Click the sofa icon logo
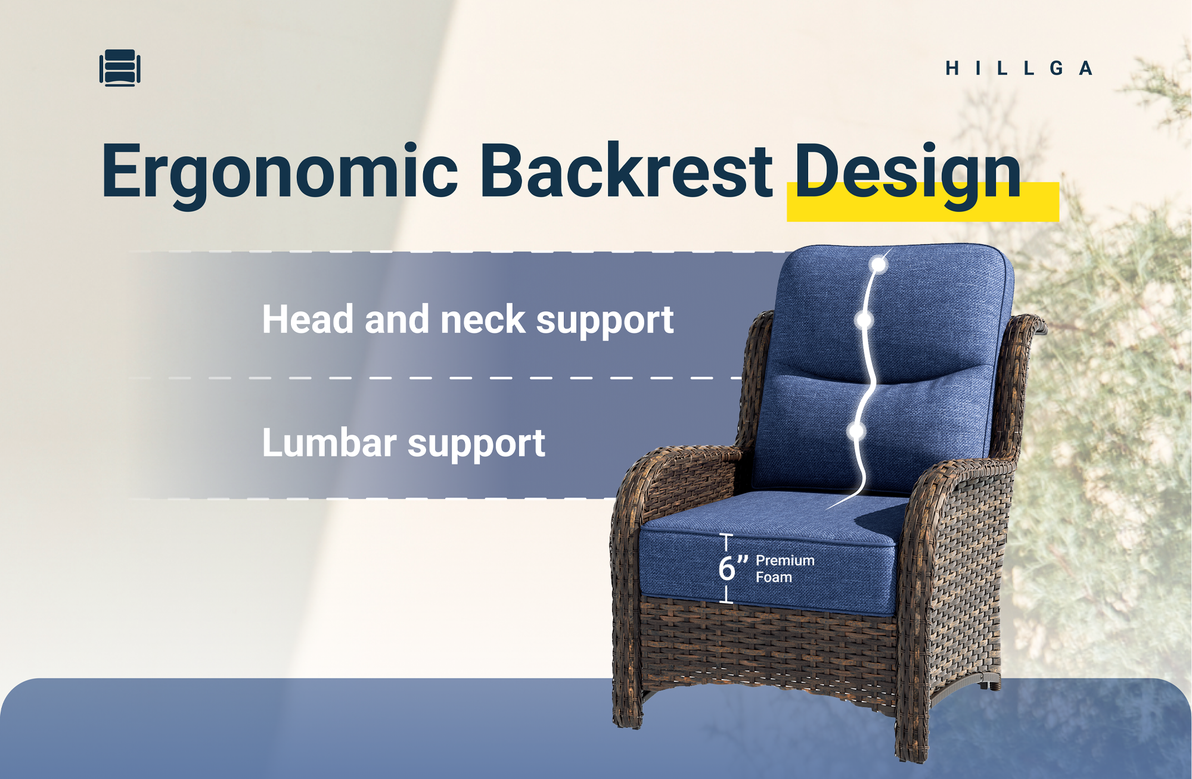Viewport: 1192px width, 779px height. point(120,68)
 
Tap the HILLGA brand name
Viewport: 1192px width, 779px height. point(1019,68)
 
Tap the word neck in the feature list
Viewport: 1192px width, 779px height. point(483,319)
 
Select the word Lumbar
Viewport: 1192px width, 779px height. point(330,443)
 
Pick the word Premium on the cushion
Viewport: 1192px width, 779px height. point(785,560)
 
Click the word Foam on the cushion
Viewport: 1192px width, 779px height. point(774,577)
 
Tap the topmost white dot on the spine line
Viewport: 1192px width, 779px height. point(879,264)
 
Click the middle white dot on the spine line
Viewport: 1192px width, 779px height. point(864,321)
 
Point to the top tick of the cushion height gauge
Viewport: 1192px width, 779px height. point(726,535)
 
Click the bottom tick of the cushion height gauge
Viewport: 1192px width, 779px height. point(726,602)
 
